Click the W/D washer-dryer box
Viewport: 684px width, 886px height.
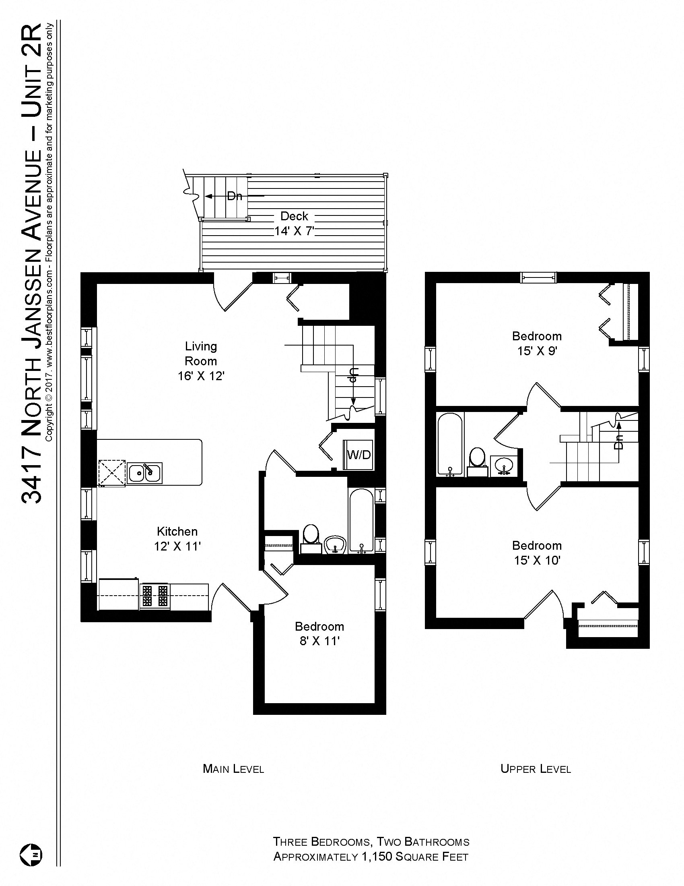click(x=358, y=455)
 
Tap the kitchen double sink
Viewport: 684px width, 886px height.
click(x=145, y=473)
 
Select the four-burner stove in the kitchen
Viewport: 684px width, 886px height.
click(x=155, y=596)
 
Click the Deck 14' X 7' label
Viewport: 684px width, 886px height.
click(x=295, y=224)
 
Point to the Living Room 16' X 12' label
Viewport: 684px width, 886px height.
click(x=201, y=361)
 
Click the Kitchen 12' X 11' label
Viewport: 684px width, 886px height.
click(x=177, y=539)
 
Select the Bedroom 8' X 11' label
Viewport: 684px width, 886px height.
click(x=319, y=633)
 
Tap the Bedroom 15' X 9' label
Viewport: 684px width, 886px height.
click(x=536, y=343)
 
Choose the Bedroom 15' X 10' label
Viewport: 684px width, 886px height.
click(x=536, y=553)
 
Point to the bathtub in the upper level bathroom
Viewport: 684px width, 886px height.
click(x=449, y=444)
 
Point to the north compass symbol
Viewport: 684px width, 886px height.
click(x=31, y=855)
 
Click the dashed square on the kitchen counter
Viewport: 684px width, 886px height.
click(x=112, y=472)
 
